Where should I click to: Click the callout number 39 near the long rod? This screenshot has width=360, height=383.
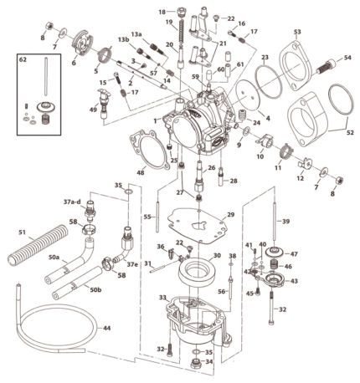(285, 222)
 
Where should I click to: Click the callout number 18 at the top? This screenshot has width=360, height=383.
(162, 11)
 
